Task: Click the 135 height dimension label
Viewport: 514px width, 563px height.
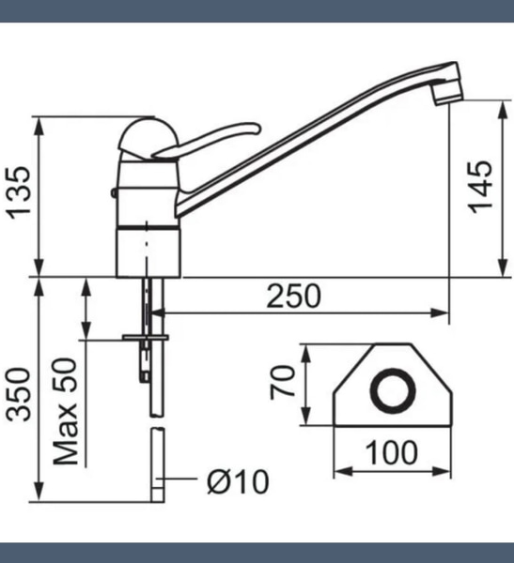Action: tap(19, 192)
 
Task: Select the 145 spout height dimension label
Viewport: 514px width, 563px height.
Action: tap(480, 187)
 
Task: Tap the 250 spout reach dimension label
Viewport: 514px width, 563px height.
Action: tap(293, 297)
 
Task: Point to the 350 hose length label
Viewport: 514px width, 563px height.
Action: tap(19, 394)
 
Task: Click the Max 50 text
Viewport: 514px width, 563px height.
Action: tap(65, 412)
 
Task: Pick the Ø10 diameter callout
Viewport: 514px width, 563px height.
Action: tap(238, 481)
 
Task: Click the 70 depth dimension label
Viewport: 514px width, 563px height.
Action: tap(282, 382)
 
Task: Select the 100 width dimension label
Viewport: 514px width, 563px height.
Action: tap(391, 453)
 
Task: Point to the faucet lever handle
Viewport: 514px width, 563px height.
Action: tap(206, 140)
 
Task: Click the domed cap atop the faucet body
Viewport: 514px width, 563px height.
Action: tap(148, 138)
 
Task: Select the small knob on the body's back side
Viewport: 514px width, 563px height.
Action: tap(114, 193)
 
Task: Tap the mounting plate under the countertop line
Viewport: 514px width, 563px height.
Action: tap(146, 337)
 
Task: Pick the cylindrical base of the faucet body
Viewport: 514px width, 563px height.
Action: tap(148, 252)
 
